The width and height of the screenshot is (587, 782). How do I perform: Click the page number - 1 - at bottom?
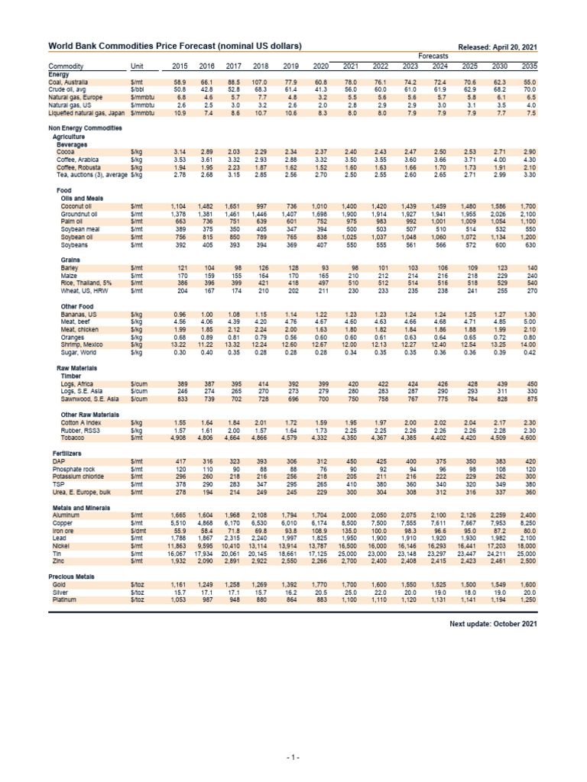293,757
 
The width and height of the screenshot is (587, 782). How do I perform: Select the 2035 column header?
529,66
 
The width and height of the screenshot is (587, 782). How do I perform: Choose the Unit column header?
138,66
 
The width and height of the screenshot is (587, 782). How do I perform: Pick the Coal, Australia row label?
69,81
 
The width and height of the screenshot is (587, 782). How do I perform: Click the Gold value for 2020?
319,583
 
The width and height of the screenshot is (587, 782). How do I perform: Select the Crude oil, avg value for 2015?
180,88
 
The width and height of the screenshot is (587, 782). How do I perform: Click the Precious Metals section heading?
74,576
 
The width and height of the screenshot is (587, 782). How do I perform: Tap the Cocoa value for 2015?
180,152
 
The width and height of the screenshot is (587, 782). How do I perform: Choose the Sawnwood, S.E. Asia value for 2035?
529,399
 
